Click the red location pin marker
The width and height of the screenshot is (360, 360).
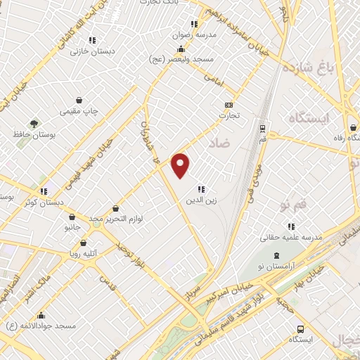click(181, 165)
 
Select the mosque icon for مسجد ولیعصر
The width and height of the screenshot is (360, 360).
click(181, 49)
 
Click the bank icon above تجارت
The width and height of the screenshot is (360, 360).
click(228, 104)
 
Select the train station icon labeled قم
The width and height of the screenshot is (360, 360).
click(262, 129)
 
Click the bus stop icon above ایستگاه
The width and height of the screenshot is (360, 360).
click(301, 328)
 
